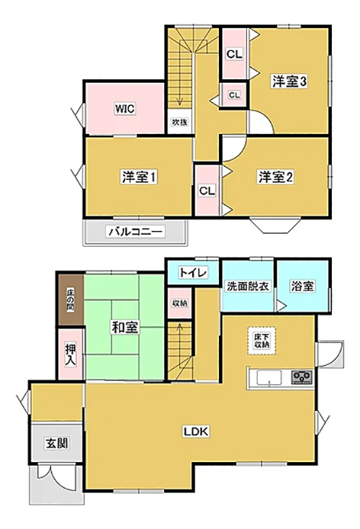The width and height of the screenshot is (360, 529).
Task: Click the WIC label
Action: click(x=125, y=109)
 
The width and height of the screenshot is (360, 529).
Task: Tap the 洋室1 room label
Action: click(x=139, y=177)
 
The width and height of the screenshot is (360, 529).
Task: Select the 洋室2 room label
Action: click(x=276, y=177)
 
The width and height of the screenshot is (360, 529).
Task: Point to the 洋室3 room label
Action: click(x=289, y=81)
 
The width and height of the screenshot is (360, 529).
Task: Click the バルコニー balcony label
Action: click(x=136, y=232)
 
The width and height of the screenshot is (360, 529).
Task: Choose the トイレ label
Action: click(x=193, y=272)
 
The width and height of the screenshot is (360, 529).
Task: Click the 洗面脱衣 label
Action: click(x=248, y=286)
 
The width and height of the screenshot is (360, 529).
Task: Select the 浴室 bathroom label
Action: click(x=302, y=286)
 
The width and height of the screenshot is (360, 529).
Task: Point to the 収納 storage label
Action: click(x=179, y=303)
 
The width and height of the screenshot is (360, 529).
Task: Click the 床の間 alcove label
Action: click(x=71, y=300)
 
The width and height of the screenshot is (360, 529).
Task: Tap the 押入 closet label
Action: click(x=70, y=354)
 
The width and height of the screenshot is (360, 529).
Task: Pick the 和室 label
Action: click(x=125, y=327)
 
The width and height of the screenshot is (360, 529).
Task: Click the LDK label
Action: click(x=197, y=431)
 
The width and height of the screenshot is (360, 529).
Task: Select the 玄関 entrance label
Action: click(x=57, y=443)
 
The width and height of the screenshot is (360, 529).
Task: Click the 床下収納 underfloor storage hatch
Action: click(x=262, y=340)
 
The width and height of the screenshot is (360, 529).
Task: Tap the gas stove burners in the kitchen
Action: click(x=302, y=376)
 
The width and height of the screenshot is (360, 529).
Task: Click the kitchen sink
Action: click(x=269, y=377)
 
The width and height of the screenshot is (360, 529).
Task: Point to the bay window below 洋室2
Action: click(x=275, y=226)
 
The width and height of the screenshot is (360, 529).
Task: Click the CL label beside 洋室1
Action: click(x=207, y=191)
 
